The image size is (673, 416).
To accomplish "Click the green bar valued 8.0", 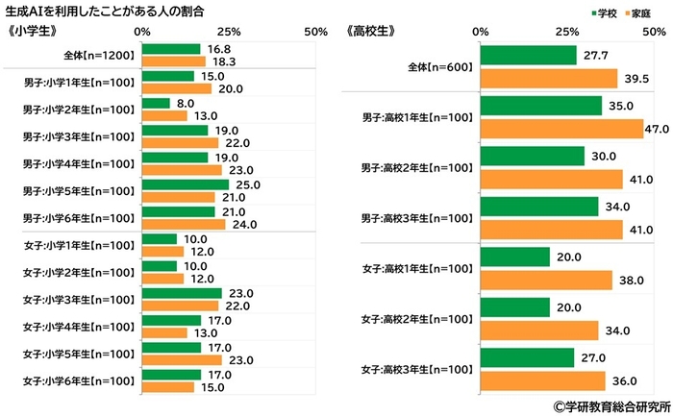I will coord(156,103).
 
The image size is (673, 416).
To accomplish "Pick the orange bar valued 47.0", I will coord(561,129).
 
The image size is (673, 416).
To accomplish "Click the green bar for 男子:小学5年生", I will coord(186,184).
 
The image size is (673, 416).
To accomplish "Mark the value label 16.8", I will coord(217,49).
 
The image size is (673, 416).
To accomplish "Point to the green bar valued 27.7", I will coord(529,56).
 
